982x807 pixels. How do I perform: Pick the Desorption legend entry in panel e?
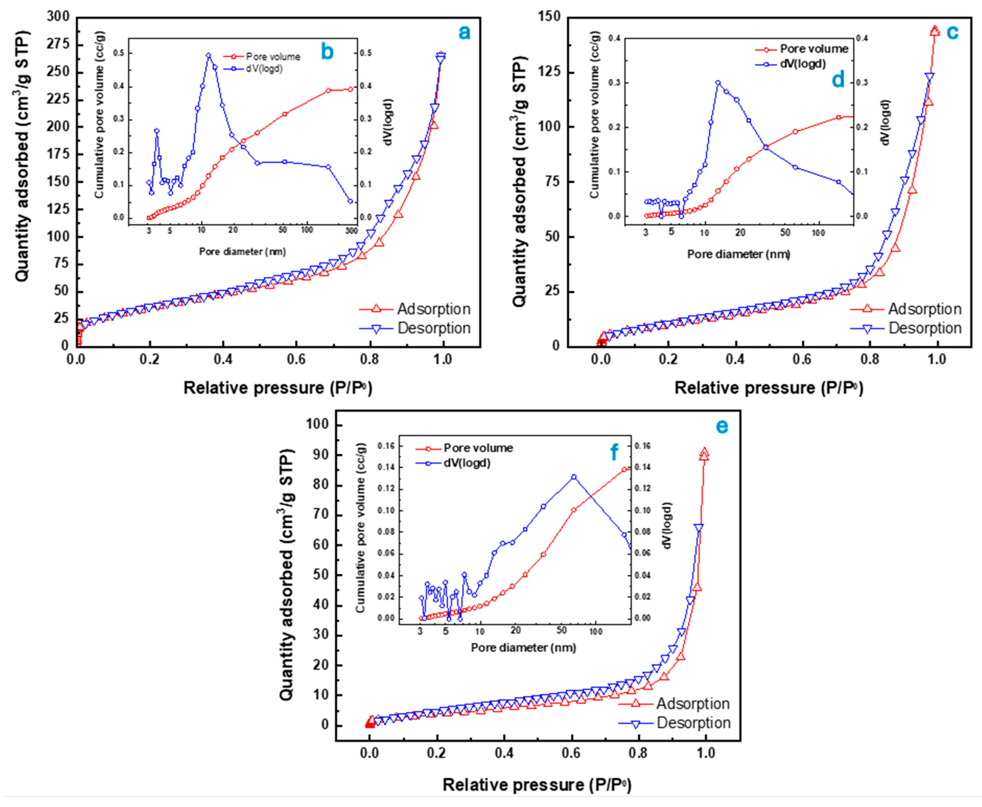click(693, 723)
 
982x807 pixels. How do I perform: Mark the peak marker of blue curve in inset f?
click(573, 477)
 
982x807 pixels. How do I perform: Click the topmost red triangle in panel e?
click(704, 453)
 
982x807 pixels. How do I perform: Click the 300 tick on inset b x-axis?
click(351, 231)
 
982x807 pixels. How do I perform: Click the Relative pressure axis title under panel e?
click(537, 785)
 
